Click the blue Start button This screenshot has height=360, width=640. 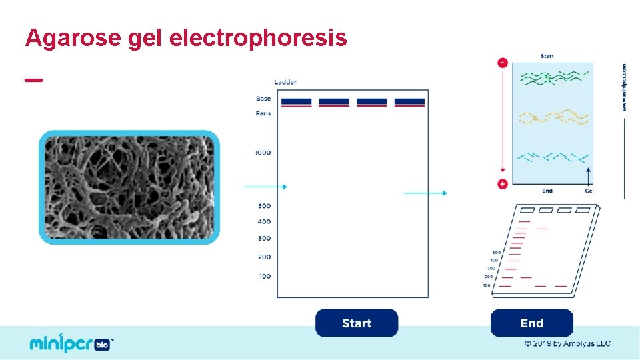coord(356,323)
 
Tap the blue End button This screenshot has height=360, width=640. coord(531,323)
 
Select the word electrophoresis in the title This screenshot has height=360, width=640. coord(259,38)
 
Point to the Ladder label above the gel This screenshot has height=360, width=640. coord(285,82)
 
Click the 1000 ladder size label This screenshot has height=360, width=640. coord(263,153)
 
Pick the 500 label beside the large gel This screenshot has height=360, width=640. coord(264,206)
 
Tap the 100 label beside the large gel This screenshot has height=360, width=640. coord(265,276)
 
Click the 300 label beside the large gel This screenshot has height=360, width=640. coord(264,238)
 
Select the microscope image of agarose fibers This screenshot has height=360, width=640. coord(129,187)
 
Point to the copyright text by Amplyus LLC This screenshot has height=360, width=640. coord(567,344)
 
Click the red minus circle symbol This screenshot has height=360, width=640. coord(503,63)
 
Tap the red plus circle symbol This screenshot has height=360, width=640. coord(503,183)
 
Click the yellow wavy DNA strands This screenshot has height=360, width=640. coord(553,118)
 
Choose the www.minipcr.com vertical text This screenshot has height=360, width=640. coord(624,87)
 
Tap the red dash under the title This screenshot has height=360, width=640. coord(33,79)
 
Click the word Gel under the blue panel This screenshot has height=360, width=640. coord(589,191)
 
